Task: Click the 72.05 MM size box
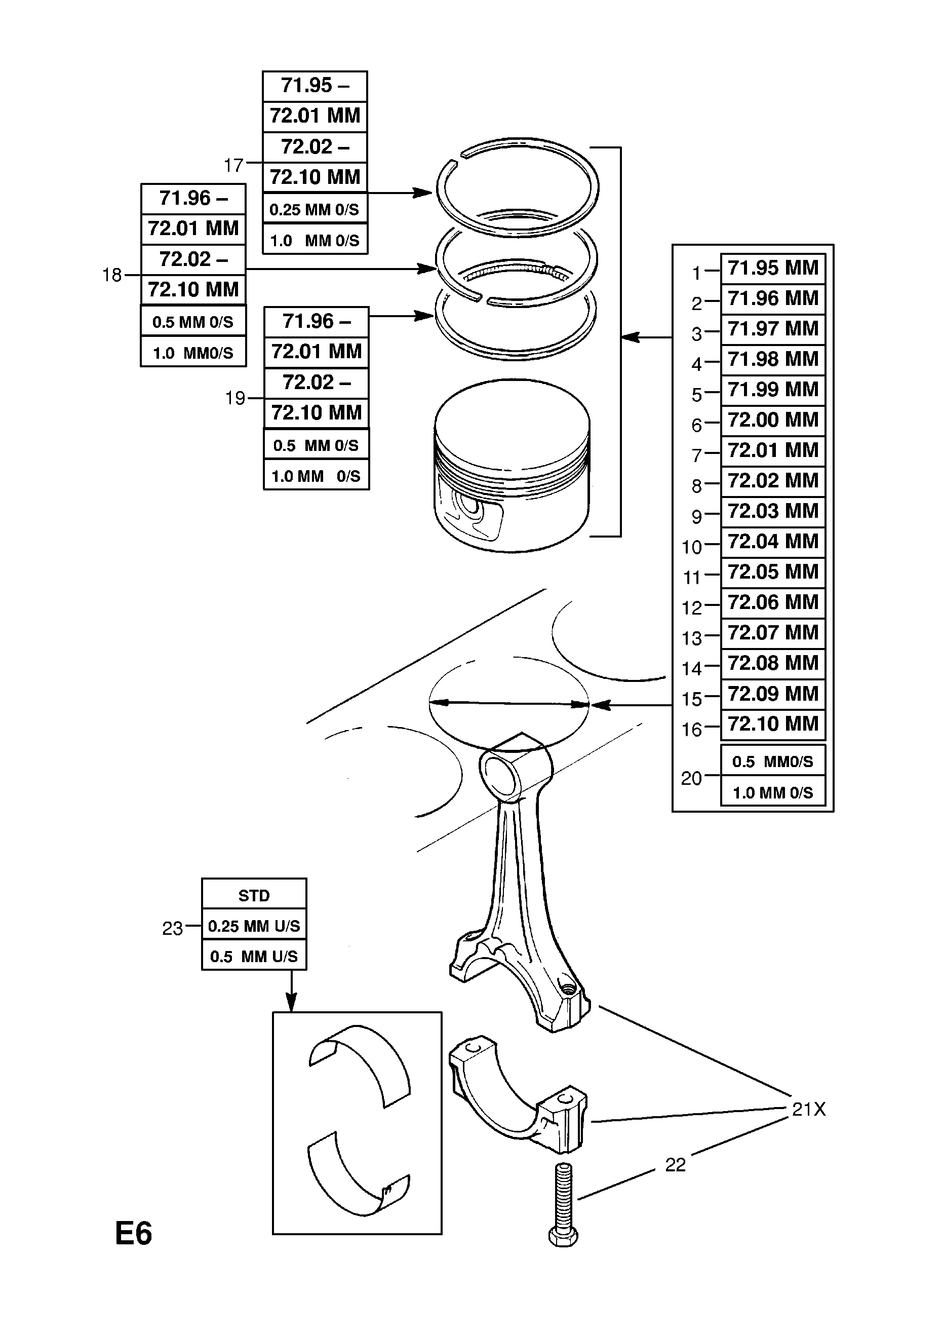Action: point(772,573)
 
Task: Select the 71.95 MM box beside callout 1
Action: point(772,268)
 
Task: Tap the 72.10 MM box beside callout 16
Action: point(772,725)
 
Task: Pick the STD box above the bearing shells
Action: point(254,896)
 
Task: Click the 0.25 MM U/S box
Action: point(254,926)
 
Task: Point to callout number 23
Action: point(172,928)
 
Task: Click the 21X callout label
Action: point(808,1110)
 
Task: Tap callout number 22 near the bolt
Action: point(675,1165)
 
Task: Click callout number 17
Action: point(233,166)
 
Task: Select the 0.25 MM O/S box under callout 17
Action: point(315,210)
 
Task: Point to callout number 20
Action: point(691,778)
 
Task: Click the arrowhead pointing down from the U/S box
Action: point(291,1002)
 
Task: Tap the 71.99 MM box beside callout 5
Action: point(772,390)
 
